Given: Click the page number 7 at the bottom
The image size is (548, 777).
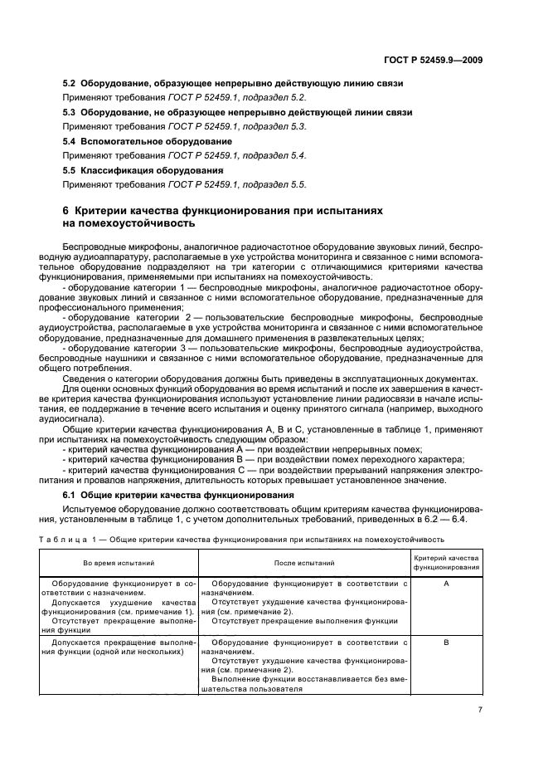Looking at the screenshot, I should tap(480, 709).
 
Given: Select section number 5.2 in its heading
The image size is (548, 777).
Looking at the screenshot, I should tap(70, 84).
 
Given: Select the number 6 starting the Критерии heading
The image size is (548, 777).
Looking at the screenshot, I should tap(67, 211).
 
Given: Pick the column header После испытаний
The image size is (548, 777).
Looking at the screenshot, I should tap(303, 563).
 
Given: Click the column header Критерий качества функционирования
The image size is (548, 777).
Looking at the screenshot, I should tap(447, 563).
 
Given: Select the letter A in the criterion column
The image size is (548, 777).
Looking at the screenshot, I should tap(447, 584).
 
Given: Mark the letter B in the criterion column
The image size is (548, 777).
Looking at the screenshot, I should tap(447, 643).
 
